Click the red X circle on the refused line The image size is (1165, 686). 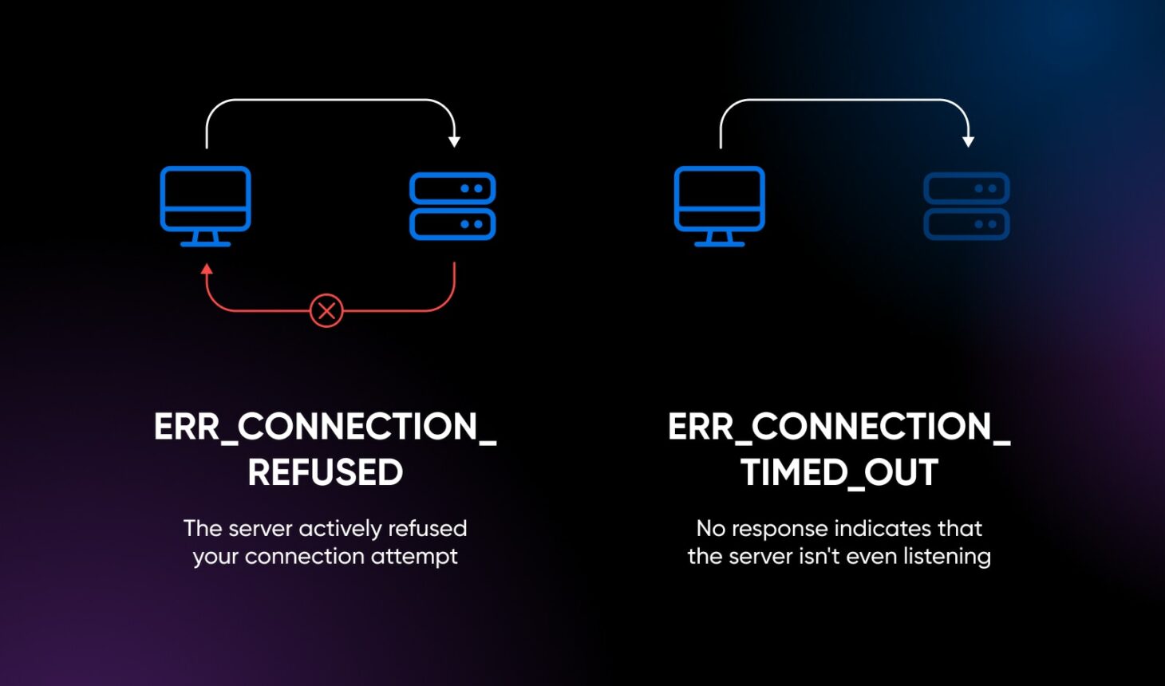pyautogui.click(x=326, y=310)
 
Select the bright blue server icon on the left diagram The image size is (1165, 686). pyautogui.click(x=452, y=207)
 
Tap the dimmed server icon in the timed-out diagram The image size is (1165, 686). pyautogui.click(x=966, y=207)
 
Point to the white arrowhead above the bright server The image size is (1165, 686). pyautogui.click(x=454, y=141)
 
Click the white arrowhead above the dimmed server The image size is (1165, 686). pyautogui.click(x=968, y=141)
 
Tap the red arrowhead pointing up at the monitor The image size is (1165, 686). pyautogui.click(x=207, y=270)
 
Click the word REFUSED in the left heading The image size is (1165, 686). pyautogui.click(x=325, y=472)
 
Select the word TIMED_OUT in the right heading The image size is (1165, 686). pyautogui.click(x=839, y=472)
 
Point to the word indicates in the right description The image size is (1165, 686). pyautogui.click(x=871, y=529)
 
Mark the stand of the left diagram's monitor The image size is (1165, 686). pyautogui.click(x=206, y=239)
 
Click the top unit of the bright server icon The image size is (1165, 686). pyautogui.click(x=452, y=189)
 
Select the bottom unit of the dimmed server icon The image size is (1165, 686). pyautogui.click(x=966, y=224)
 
